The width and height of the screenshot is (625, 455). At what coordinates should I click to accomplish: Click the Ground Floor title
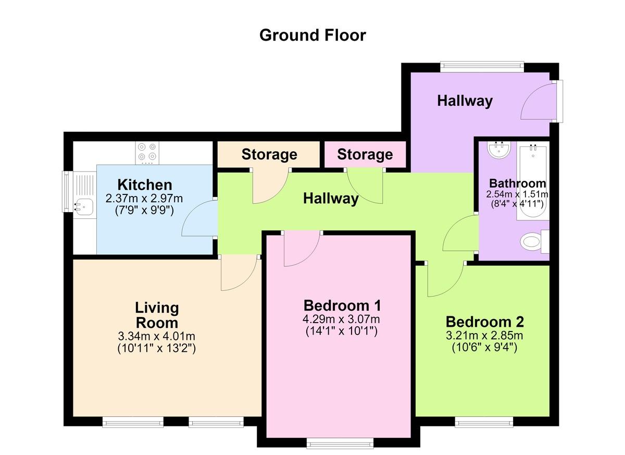(x=312, y=35)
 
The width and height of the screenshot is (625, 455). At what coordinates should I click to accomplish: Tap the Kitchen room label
(x=145, y=185)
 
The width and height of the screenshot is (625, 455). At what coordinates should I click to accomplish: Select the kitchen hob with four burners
(x=147, y=153)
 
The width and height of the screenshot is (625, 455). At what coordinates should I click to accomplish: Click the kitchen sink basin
(x=84, y=207)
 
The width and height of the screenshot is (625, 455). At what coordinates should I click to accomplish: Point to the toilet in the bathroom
(x=534, y=241)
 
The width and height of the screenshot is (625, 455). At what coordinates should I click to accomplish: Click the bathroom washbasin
(x=499, y=150)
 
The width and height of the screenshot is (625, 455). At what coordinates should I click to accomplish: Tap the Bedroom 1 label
(x=342, y=305)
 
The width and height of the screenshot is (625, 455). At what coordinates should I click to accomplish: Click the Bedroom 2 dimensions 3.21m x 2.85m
(x=484, y=335)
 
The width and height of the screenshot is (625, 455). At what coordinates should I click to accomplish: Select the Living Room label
(x=157, y=315)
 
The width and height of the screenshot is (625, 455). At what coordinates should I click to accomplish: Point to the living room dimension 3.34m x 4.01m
(x=157, y=336)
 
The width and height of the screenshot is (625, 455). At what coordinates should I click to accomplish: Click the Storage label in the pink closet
(x=365, y=154)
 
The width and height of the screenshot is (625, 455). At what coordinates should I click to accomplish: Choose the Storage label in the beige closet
(x=269, y=154)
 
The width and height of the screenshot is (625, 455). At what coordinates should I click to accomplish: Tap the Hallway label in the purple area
(x=465, y=101)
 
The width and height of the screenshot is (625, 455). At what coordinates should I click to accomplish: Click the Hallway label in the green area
(x=331, y=199)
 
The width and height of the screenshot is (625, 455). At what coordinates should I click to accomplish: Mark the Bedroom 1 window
(x=340, y=443)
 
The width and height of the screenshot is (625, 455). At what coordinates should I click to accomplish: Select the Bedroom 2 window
(x=484, y=422)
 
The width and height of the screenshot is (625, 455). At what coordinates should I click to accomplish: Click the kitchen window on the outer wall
(x=67, y=191)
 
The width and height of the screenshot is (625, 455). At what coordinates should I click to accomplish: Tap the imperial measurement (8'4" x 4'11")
(x=517, y=204)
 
